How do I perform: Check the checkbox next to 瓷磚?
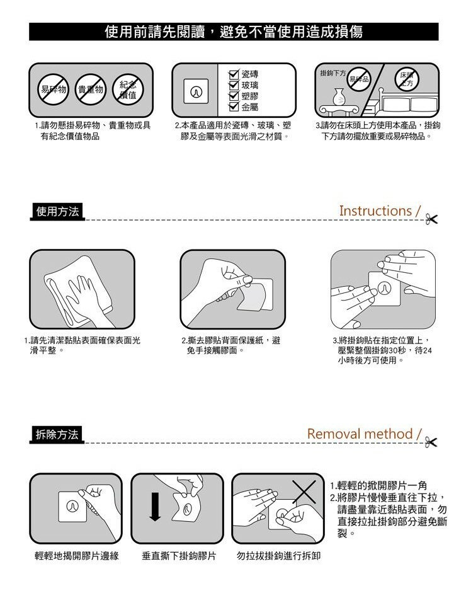click(234, 74)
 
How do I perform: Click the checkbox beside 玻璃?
click(234, 85)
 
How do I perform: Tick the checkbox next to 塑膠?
click(234, 96)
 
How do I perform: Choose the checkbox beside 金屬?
click(234, 106)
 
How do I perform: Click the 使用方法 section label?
click(57, 212)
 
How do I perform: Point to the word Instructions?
click(375, 211)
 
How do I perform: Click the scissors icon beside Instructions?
click(431, 219)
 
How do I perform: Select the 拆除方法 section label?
click(57, 435)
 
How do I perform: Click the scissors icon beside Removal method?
click(431, 442)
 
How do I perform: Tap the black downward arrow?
click(155, 507)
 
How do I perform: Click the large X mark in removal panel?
click(304, 492)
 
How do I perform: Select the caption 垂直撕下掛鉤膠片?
click(179, 556)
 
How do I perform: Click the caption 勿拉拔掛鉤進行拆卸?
click(279, 556)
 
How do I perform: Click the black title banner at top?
click(234, 32)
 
